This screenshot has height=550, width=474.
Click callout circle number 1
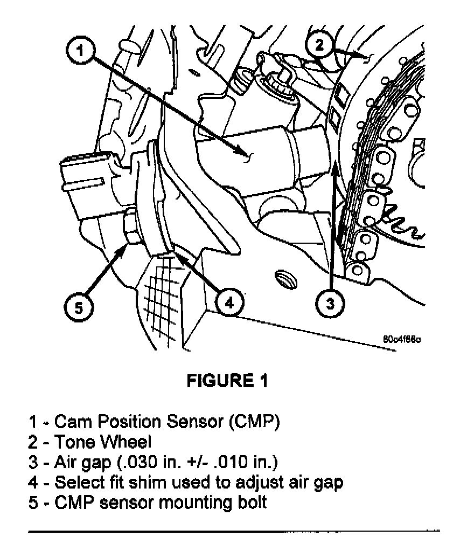(x=80, y=52)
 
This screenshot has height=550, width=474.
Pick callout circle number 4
(x=228, y=302)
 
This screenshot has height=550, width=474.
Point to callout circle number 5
(x=79, y=307)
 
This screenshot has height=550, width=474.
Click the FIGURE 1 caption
(x=227, y=381)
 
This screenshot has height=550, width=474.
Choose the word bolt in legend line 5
(x=252, y=503)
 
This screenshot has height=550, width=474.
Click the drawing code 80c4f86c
(x=402, y=340)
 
